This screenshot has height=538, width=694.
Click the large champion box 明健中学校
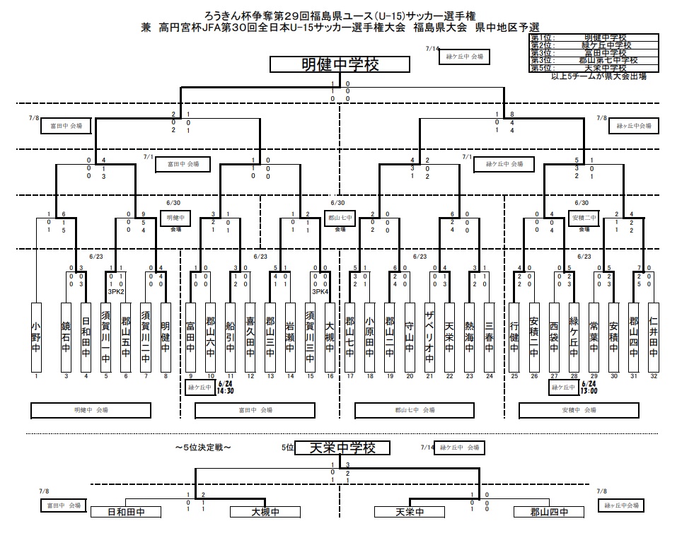(340, 65)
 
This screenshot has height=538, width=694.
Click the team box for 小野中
(36, 337)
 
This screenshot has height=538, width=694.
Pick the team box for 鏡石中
(66, 337)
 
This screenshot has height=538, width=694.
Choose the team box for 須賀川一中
(106, 337)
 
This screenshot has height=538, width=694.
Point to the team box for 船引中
(230, 337)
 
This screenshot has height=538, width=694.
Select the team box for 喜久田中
(250, 337)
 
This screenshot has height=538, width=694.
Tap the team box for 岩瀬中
(289, 337)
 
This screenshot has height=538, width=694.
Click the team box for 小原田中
(369, 337)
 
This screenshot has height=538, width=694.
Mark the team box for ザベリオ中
(429, 337)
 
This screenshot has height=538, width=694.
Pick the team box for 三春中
(488, 337)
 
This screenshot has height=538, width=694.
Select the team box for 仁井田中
(653, 337)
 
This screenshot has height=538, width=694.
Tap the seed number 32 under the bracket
(653, 376)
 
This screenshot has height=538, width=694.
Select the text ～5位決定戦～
(204, 448)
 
